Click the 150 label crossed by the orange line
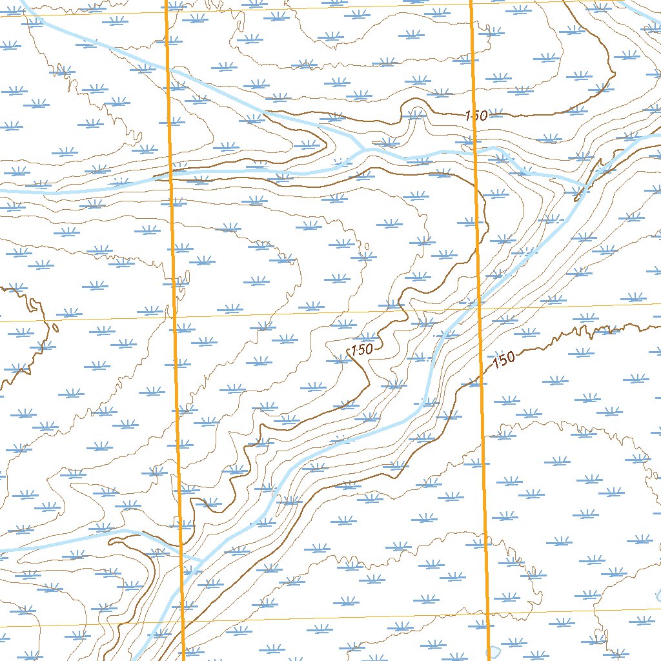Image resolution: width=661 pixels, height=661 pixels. tap(476, 116)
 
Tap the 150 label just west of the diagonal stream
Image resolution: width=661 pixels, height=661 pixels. tap(361, 350)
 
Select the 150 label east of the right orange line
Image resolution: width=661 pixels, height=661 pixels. tap(503, 359)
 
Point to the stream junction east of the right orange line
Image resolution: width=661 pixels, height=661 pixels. tap(584, 185)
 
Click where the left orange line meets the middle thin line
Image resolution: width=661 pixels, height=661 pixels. tap(174, 317)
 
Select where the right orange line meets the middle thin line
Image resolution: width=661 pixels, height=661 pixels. tap(479, 308)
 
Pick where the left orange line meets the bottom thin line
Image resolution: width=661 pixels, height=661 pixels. tap(183, 624)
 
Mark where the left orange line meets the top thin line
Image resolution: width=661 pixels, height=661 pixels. tap(167, 12)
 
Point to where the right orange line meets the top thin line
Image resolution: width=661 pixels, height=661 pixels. tap(471, 5)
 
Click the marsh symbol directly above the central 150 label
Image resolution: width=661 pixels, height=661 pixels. tap(367, 336)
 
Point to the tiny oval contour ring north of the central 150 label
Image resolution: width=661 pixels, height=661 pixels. tap(367, 246)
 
